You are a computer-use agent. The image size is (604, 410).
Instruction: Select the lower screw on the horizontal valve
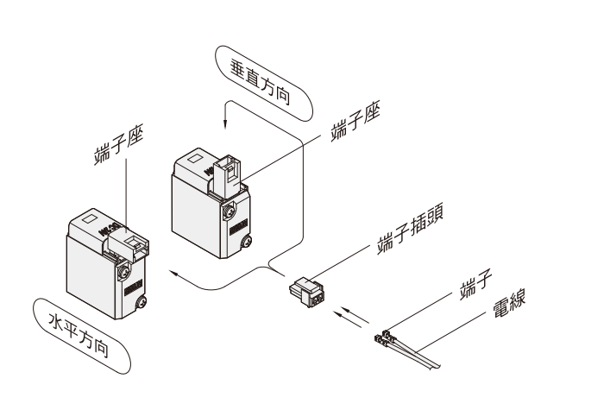(141, 302)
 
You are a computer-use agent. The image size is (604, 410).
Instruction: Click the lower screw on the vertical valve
(247, 243)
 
